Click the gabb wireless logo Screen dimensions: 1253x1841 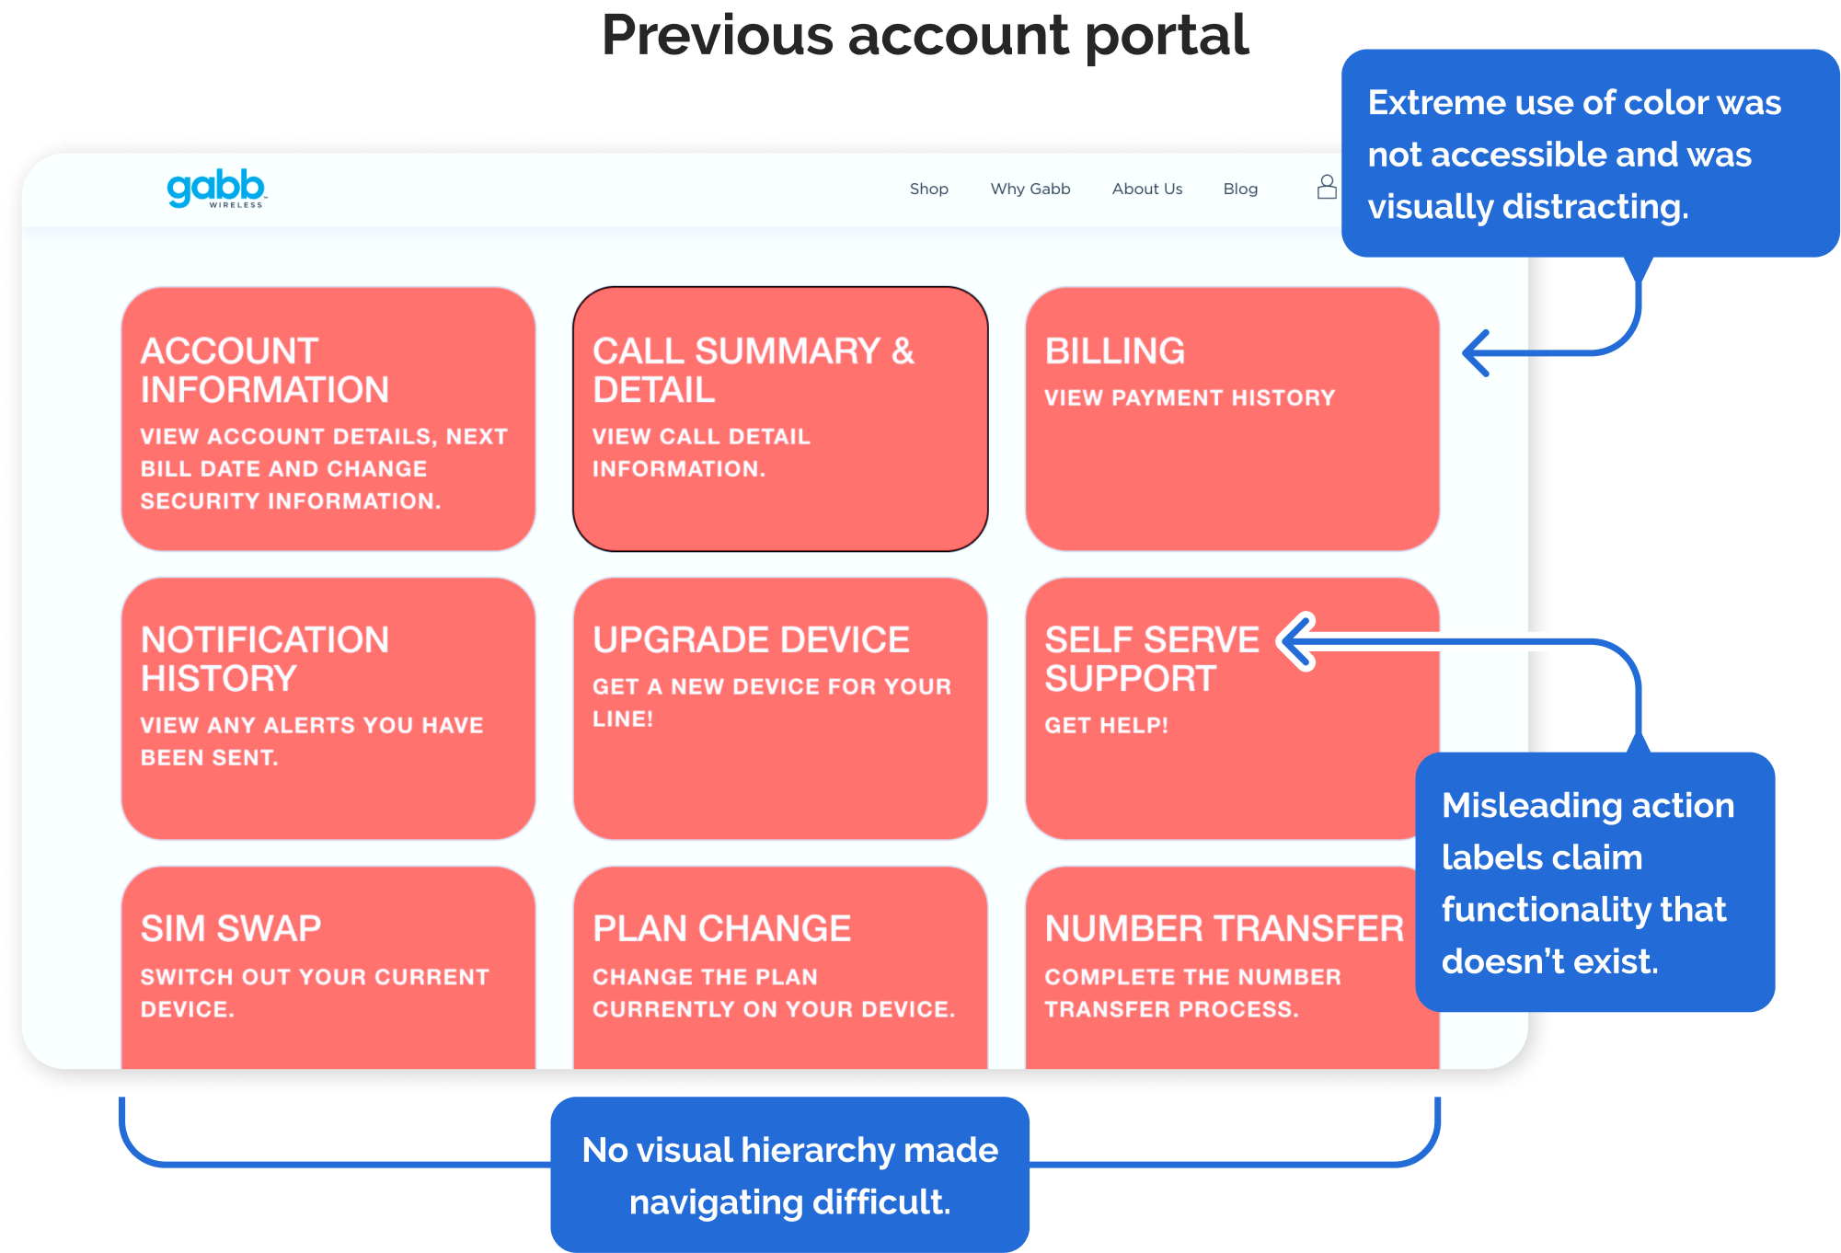[216, 189]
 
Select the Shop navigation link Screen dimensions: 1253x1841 [928, 189]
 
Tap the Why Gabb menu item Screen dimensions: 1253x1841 [1030, 189]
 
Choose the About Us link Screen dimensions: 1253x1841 [1146, 189]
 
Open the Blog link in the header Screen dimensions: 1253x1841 [1239, 189]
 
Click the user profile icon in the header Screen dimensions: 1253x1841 [1326, 188]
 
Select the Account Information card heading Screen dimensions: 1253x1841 [264, 370]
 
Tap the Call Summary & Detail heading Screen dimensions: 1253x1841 [753, 370]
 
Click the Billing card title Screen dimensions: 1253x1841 [1114, 351]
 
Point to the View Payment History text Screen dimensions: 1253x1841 [1189, 397]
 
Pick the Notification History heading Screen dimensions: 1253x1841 [264, 659]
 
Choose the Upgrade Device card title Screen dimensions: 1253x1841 [751, 639]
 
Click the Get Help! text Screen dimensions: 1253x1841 [1106, 725]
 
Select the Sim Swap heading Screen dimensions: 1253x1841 [230, 928]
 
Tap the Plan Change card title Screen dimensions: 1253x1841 [721, 928]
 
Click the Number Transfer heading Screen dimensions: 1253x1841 [1224, 928]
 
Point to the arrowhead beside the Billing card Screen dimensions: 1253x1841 [1476, 353]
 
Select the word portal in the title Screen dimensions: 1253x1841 [1166, 35]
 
